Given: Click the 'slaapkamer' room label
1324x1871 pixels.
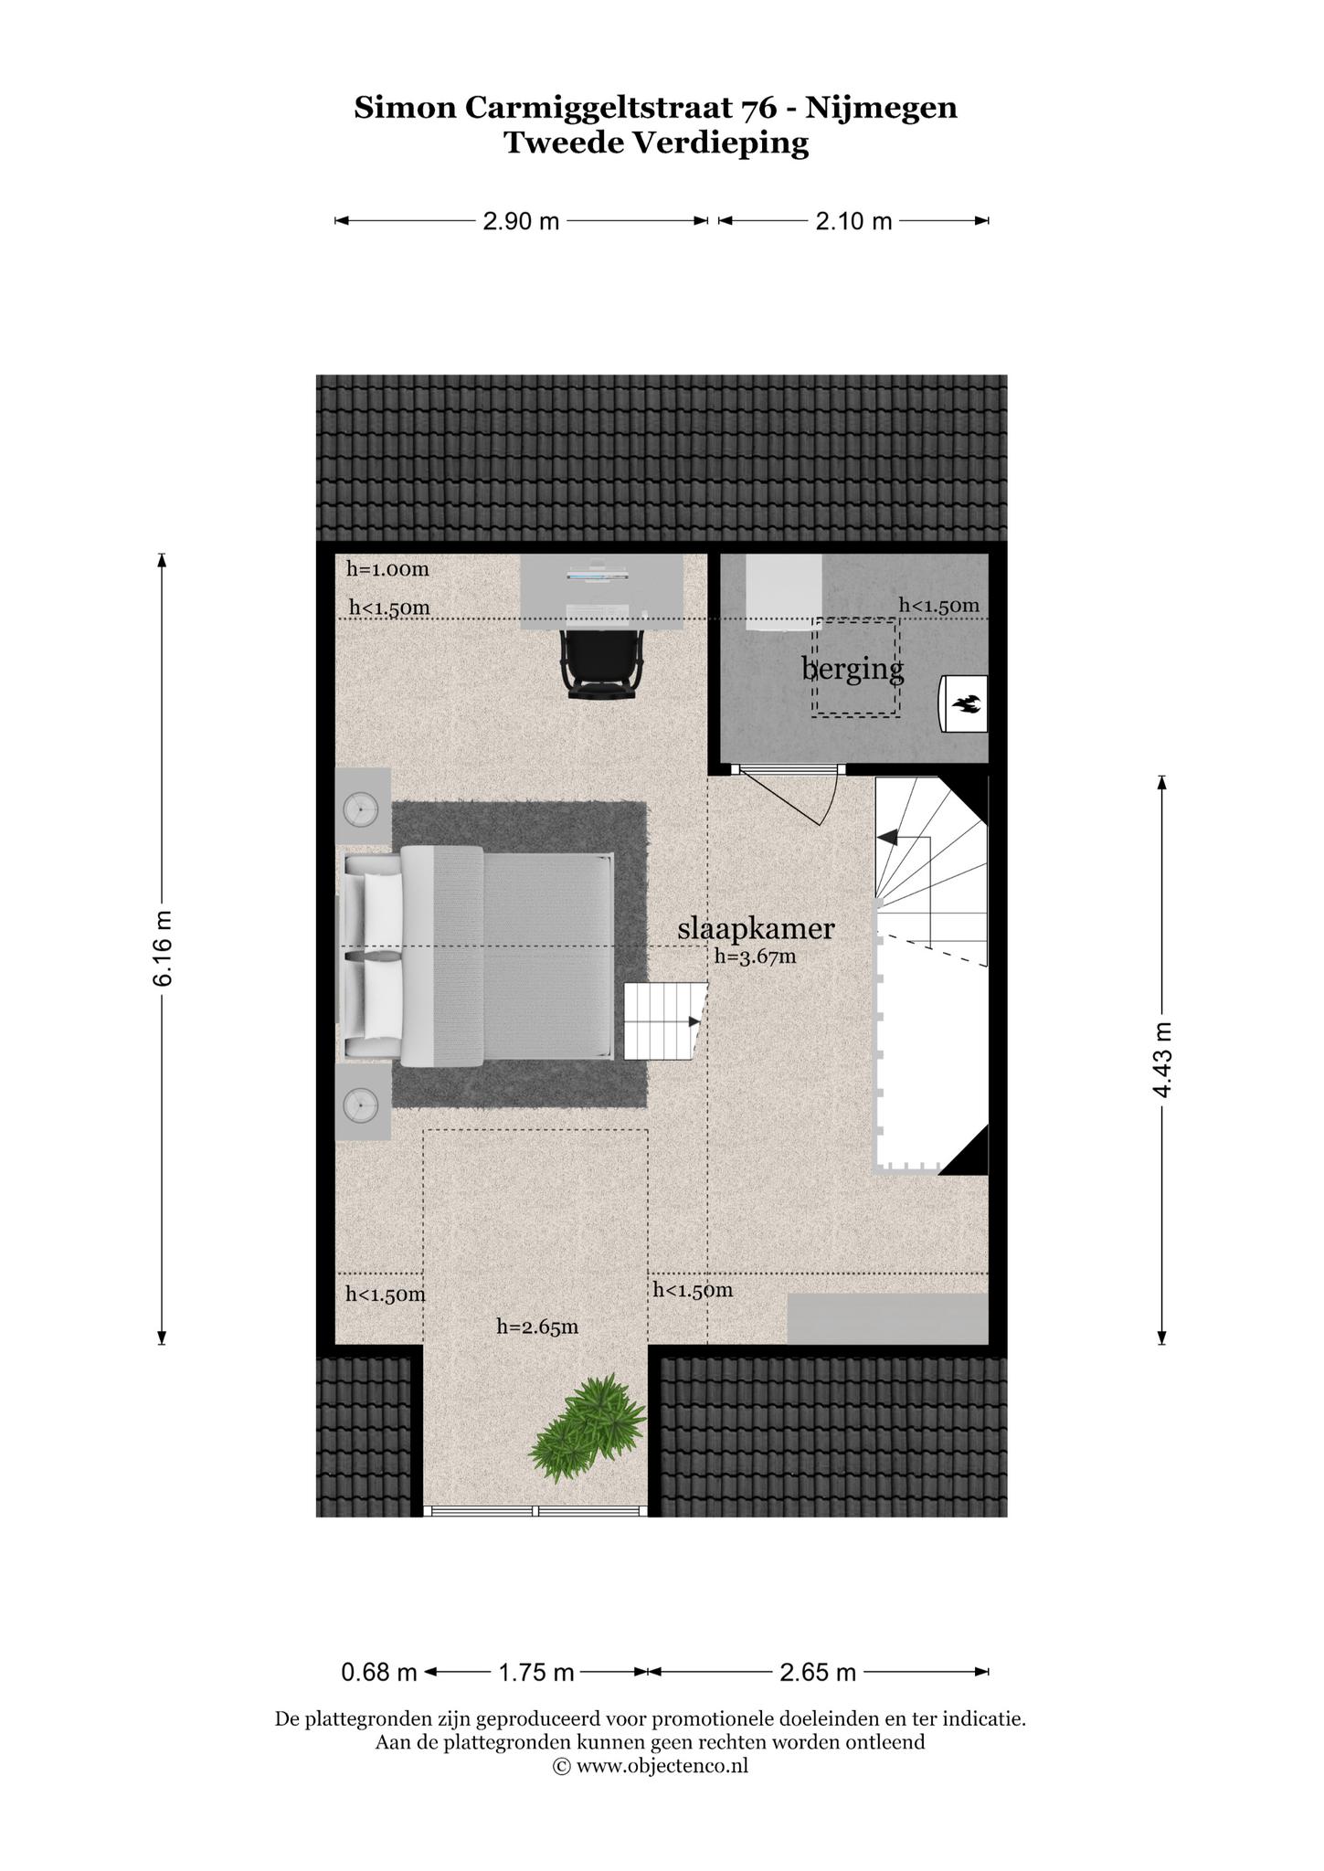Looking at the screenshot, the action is (x=756, y=930).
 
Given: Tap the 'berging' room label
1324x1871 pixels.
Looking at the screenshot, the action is (x=853, y=668).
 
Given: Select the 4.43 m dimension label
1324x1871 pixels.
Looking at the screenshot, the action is (x=1161, y=1060).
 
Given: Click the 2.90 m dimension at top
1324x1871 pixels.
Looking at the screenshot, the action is (x=521, y=221).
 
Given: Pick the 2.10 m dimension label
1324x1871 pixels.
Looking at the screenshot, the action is (x=853, y=221).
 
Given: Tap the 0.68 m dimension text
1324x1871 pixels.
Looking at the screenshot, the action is (x=379, y=1673).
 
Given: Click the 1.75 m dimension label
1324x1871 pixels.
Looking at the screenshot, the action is (x=536, y=1673).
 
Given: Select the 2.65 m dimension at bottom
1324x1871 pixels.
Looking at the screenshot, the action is (x=818, y=1673).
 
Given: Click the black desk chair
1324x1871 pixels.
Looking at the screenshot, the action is (x=600, y=665).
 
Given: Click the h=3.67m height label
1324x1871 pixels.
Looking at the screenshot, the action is (x=756, y=957).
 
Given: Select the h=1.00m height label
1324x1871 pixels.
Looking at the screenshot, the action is (x=387, y=569).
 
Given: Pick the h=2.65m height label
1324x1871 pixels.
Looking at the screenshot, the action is (x=537, y=1327).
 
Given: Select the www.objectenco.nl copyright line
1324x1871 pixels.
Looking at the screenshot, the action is (x=651, y=1766).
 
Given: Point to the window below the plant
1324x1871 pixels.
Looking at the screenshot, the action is (x=536, y=1511).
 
